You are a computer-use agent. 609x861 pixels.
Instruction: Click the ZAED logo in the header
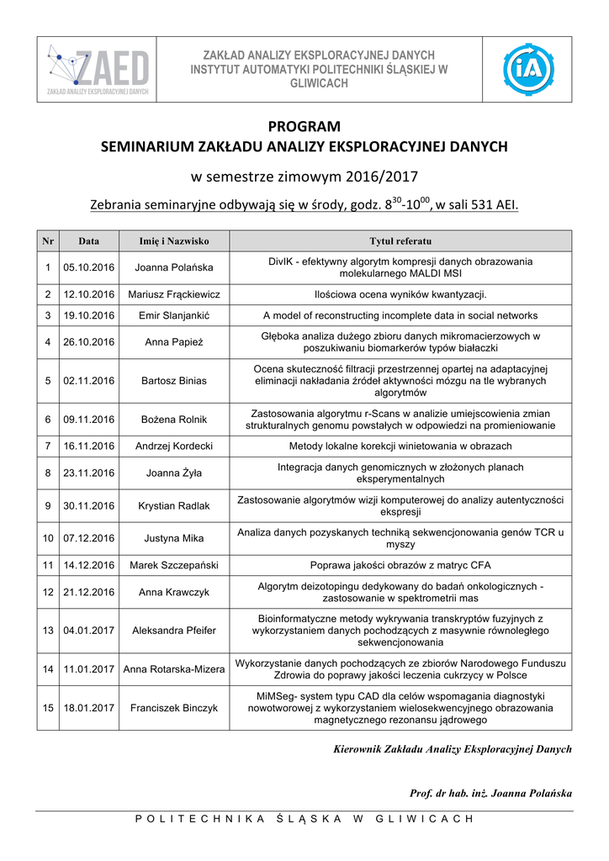pos(98,69)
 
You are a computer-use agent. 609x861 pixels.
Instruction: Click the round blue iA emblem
pos(528,69)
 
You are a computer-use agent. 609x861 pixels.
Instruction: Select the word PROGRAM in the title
pos(304,127)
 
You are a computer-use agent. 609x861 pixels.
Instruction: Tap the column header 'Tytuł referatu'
pos(400,241)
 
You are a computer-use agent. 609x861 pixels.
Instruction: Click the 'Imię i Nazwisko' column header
pos(174,241)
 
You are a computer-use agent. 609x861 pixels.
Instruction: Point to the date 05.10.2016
pos(88,267)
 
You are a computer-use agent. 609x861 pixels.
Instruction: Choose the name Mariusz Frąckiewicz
pos(174,294)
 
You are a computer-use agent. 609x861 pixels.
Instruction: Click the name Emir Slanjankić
pos(174,315)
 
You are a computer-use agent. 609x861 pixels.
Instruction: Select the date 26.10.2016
pos(88,342)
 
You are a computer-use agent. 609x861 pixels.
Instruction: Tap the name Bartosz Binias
pos(174,381)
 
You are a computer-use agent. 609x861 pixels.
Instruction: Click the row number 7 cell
pos(48,445)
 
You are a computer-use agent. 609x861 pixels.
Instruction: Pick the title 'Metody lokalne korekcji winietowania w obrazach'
pos(400,445)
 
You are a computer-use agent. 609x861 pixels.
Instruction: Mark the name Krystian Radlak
pos(174,505)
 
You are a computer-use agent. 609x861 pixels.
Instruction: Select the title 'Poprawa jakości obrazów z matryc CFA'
pos(400,565)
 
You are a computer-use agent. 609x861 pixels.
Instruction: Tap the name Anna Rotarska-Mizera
pos(174,669)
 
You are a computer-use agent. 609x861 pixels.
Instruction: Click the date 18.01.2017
pos(88,708)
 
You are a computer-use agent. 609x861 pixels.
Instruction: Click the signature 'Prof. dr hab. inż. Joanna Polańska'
pos(490,793)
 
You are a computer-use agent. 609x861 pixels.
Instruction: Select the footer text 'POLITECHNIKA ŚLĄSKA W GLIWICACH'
pos(304,819)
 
